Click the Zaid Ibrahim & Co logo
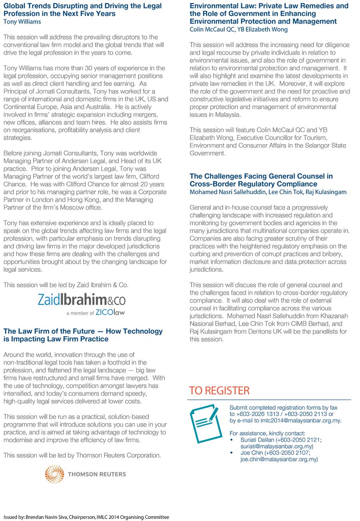82,300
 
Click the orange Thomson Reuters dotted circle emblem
54,474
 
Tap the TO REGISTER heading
219,390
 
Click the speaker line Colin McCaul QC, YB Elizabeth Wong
238,29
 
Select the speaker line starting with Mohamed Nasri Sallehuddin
268,192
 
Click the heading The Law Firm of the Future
83,335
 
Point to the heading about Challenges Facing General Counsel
261,180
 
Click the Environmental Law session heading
269,14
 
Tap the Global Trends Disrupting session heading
82,10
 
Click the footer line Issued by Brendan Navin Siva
86,517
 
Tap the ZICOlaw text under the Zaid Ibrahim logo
110,313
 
